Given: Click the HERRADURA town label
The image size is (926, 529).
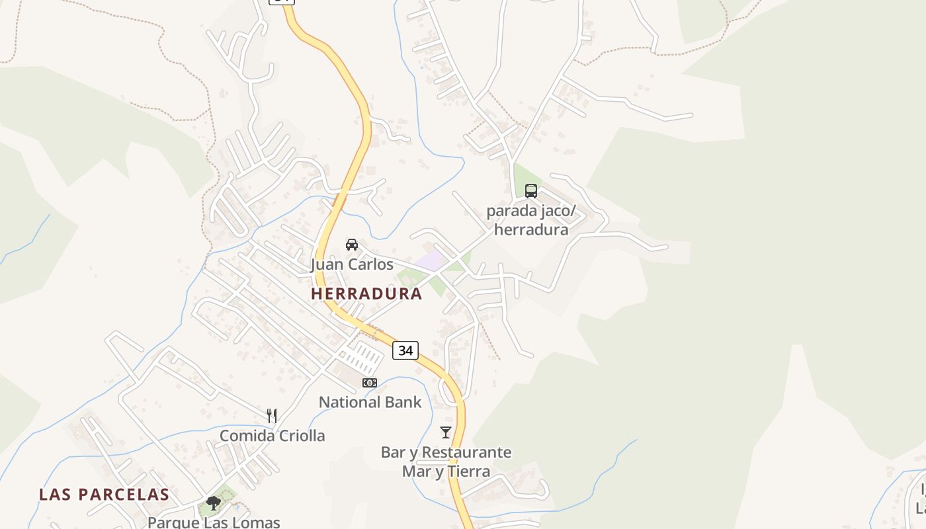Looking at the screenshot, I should pyautogui.click(x=366, y=294).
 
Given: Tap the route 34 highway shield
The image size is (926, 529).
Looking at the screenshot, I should pyautogui.click(x=405, y=350).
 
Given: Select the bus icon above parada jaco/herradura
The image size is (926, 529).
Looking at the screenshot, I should pyautogui.click(x=530, y=191).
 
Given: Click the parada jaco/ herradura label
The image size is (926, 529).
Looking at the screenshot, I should pyautogui.click(x=531, y=220).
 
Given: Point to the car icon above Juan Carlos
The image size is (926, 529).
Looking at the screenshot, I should pyautogui.click(x=352, y=245).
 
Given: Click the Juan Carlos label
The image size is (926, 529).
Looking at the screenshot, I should pyautogui.click(x=352, y=264).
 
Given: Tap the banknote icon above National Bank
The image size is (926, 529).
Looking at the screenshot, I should pyautogui.click(x=370, y=383).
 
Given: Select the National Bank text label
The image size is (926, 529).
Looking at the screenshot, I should pyautogui.click(x=370, y=402).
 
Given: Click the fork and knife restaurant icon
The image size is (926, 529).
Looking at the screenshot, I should pyautogui.click(x=272, y=416).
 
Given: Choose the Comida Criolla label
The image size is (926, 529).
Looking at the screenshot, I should pyautogui.click(x=272, y=436).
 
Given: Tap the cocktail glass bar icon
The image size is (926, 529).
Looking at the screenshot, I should pyautogui.click(x=446, y=432).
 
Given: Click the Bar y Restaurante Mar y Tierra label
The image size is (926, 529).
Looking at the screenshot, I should pyautogui.click(x=446, y=462).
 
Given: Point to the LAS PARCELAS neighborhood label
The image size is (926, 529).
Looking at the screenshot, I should pyautogui.click(x=104, y=495).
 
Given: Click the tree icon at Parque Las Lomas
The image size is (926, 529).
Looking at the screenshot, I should pyautogui.click(x=213, y=503).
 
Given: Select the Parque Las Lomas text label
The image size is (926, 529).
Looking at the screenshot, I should pyautogui.click(x=214, y=522).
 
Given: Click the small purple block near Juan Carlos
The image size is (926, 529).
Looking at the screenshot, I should pyautogui.click(x=431, y=260).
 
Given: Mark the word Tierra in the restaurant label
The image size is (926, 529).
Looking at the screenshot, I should pyautogui.click(x=469, y=471).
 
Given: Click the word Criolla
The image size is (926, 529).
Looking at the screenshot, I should pyautogui.click(x=299, y=436).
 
